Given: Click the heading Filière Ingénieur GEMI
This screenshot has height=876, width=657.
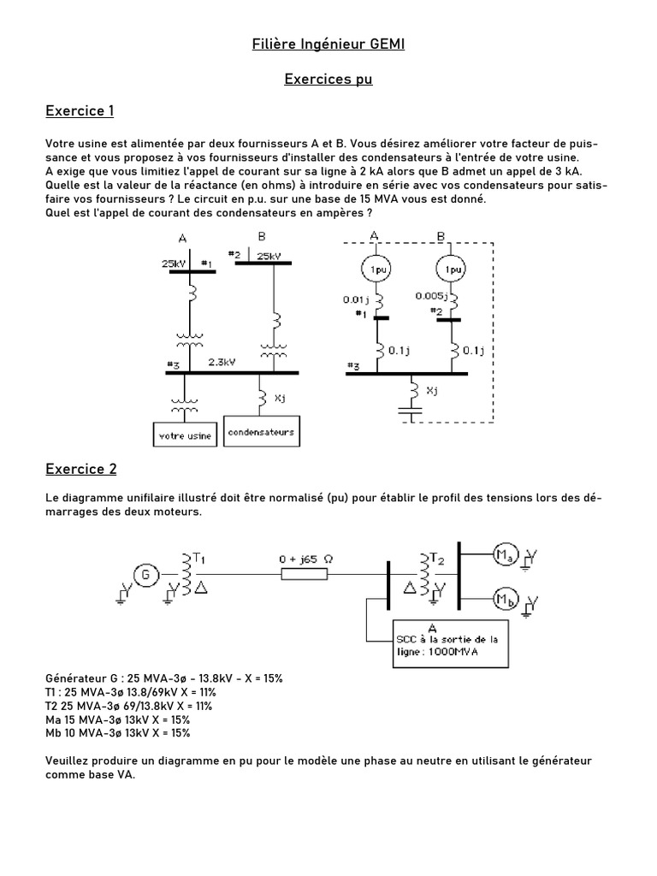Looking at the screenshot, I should pyautogui.click(x=328, y=44).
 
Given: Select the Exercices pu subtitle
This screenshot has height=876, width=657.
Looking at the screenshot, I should pyautogui.click(x=328, y=80).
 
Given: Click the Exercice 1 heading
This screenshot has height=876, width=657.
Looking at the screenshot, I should pyautogui.click(x=80, y=111).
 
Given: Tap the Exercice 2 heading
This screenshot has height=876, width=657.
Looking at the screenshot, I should pyautogui.click(x=80, y=469).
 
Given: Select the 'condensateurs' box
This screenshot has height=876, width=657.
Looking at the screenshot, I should pyautogui.click(x=262, y=432).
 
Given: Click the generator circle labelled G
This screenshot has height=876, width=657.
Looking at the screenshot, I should pyautogui.click(x=145, y=575).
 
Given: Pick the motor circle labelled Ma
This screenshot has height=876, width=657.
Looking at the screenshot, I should pyautogui.click(x=504, y=558).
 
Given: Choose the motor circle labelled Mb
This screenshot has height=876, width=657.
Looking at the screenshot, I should pyautogui.click(x=504, y=599).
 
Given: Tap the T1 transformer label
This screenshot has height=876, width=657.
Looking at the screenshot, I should pyautogui.click(x=198, y=558).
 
